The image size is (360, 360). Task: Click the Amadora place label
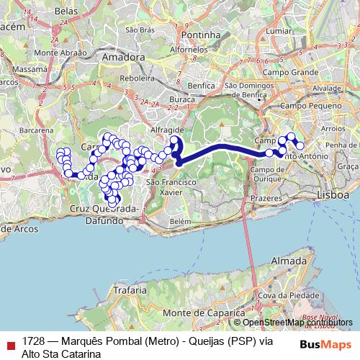point(123,55)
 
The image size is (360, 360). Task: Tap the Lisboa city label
point(333,195)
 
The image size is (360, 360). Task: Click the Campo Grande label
point(290,73)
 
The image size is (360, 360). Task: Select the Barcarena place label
point(37,130)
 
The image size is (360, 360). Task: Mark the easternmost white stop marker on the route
point(300,146)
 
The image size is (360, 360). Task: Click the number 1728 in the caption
point(32,341)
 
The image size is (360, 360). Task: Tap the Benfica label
point(201,85)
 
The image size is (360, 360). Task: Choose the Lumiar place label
point(278,32)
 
